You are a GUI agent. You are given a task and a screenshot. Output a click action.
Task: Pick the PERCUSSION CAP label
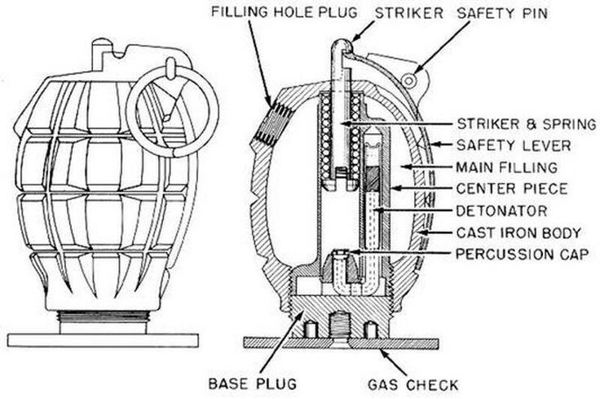(x=523, y=254)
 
